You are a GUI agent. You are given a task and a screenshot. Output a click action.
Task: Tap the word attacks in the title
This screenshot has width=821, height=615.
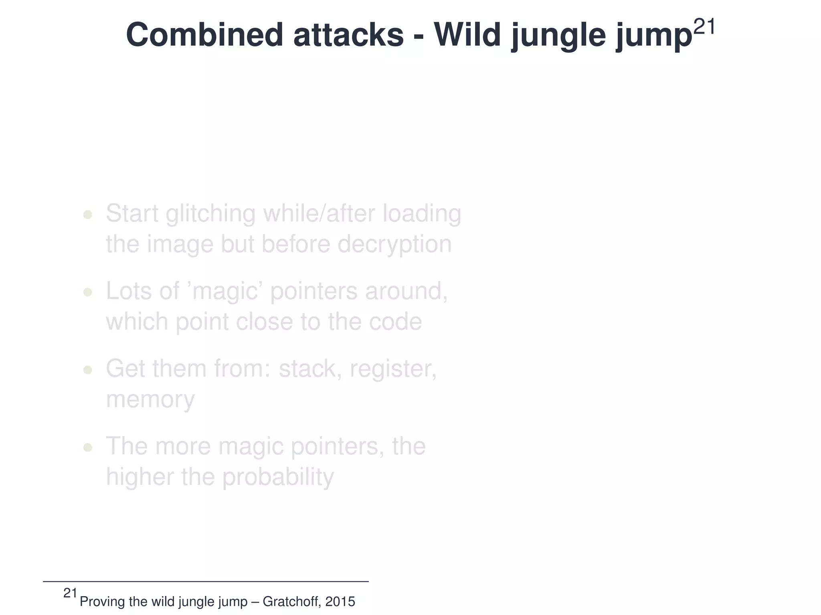pyautogui.click(x=348, y=35)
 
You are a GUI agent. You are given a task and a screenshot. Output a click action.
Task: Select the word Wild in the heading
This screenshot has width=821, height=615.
pyautogui.click(x=467, y=35)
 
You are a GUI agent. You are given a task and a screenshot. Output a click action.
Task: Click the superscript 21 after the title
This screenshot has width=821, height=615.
pyautogui.click(x=704, y=27)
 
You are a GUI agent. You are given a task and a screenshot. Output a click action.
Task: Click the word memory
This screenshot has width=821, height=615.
pyautogui.click(x=150, y=399)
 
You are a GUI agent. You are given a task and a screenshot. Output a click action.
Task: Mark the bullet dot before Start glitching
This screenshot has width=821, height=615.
pyautogui.click(x=87, y=215)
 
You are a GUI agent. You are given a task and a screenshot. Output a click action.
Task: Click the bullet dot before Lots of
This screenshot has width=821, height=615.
pyautogui.click(x=87, y=293)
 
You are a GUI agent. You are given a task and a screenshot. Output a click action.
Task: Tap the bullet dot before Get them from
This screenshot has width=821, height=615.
pyautogui.click(x=87, y=370)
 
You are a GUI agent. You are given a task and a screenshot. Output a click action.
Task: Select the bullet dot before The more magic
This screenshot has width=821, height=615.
pyautogui.click(x=87, y=448)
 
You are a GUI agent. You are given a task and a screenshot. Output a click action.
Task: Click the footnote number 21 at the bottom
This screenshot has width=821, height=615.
pyautogui.click(x=70, y=593)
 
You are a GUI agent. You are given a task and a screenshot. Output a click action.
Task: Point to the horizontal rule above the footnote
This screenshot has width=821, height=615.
pyautogui.click(x=206, y=581)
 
